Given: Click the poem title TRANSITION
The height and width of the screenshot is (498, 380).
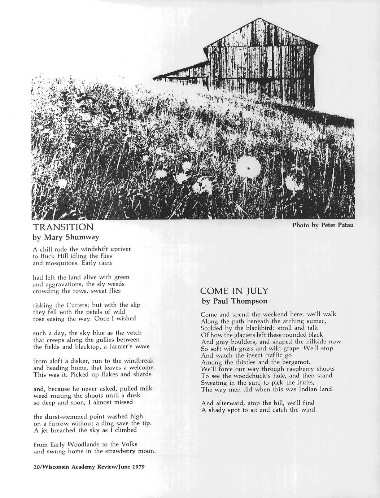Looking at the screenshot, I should pos(63,227).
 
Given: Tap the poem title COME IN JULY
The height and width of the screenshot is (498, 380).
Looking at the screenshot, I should pos(234,291).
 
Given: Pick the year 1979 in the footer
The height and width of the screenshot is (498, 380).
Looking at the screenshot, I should pos(139,467).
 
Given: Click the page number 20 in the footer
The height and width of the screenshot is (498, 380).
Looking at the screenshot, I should pos(36,467).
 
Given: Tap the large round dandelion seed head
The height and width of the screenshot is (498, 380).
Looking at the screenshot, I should pos(248,168).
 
